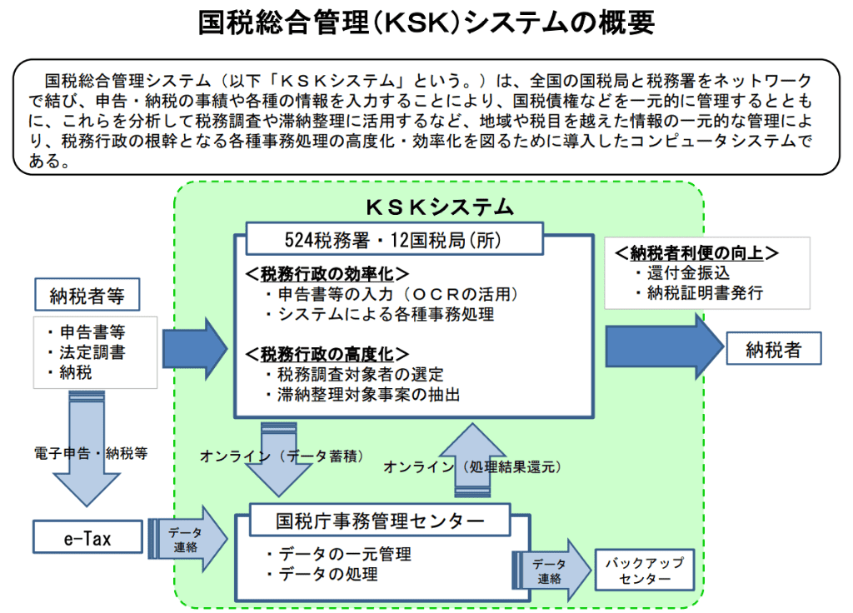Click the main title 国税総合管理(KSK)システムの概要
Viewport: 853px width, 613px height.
pyautogui.click(x=426, y=22)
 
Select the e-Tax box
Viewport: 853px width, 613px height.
pyautogui.click(x=87, y=538)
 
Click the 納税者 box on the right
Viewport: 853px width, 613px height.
pyautogui.click(x=773, y=350)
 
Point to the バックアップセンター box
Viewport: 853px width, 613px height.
pyautogui.click(x=645, y=571)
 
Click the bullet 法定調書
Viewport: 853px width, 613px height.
pyautogui.click(x=92, y=352)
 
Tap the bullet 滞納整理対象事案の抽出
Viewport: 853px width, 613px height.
pyautogui.click(x=367, y=395)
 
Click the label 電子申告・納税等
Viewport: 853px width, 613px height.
pyautogui.click(x=91, y=454)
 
